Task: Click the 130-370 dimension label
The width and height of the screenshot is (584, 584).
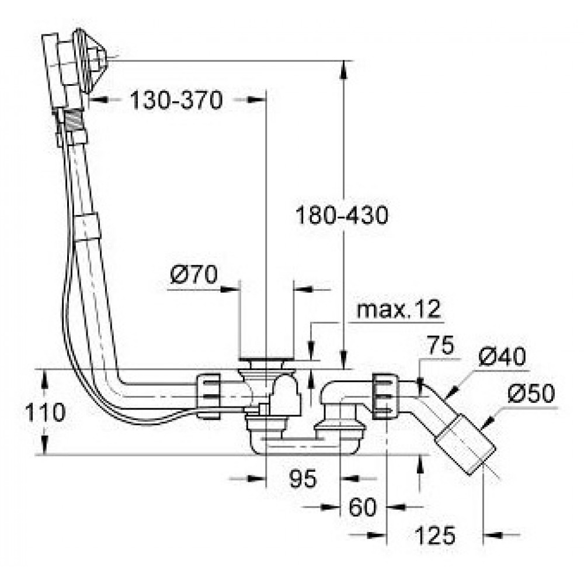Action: tap(176, 100)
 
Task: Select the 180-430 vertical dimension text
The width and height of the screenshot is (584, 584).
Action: tap(342, 216)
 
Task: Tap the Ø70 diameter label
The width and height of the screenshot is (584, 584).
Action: tap(194, 274)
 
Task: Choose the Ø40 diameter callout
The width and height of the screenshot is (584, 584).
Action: tap(500, 357)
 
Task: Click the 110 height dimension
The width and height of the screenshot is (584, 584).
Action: tap(44, 413)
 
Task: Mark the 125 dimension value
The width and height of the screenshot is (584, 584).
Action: tap(434, 534)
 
